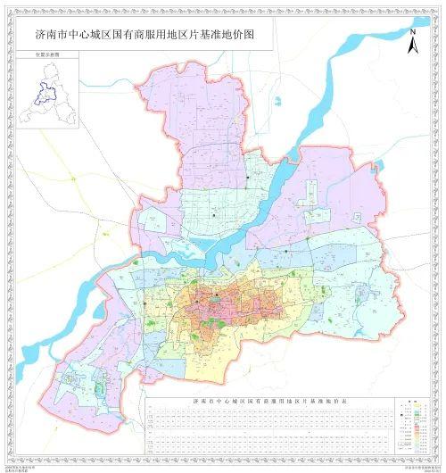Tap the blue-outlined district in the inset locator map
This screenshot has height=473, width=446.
coord(39,94)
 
